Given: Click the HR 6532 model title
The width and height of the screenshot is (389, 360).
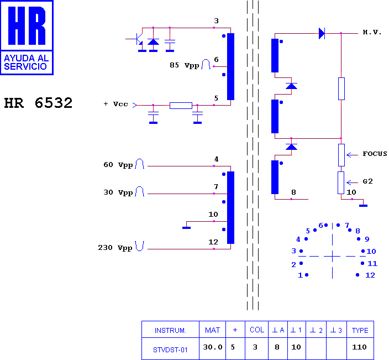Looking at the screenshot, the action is [38, 103].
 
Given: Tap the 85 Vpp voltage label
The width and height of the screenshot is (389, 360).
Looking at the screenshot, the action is [185, 65].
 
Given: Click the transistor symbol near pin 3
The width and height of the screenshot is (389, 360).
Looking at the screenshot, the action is [138, 39].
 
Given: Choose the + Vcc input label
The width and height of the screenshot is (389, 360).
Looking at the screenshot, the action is [115, 104].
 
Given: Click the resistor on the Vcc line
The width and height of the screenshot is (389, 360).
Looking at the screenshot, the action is [181, 106].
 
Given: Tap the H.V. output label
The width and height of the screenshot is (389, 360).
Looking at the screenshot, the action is [372, 32].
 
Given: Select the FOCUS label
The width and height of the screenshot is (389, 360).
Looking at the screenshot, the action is [375, 154].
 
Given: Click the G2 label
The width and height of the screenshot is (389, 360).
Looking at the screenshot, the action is [367, 181].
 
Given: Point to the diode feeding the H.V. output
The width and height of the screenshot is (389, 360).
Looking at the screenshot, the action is [322, 33].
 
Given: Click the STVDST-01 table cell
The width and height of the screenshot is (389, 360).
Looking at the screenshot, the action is [170, 350].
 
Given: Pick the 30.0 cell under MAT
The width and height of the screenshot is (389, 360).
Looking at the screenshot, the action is [213, 347].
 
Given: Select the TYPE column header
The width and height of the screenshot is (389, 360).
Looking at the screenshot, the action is [360, 331].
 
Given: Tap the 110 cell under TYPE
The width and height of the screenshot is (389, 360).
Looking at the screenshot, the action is [359, 347].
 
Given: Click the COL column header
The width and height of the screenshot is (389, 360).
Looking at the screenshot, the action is [257, 330].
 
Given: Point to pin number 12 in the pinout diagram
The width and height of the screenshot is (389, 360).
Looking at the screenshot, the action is [370, 275].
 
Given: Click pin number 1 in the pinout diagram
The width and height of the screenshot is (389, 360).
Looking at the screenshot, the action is [300, 275].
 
